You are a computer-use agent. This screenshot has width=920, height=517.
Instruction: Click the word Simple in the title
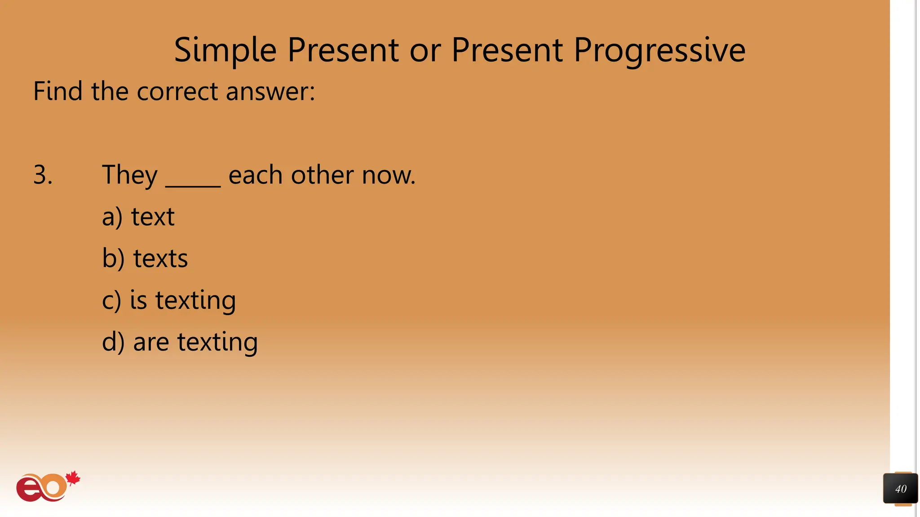point(225,50)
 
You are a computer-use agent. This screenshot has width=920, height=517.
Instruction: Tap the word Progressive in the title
point(659,50)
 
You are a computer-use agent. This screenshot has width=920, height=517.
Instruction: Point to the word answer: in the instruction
point(270,92)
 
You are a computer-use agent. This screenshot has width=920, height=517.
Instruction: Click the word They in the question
point(130,175)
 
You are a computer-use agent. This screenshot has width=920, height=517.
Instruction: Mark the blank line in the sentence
point(193,185)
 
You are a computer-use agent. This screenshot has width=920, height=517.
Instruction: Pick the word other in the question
point(322,175)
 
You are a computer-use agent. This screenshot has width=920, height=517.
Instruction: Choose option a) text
point(138,217)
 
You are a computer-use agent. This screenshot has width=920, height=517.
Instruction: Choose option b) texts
point(145,258)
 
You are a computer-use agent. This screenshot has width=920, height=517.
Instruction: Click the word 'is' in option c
point(138,300)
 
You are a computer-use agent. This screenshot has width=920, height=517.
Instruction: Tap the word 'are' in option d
point(151,342)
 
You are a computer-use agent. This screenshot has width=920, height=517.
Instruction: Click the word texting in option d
point(217,342)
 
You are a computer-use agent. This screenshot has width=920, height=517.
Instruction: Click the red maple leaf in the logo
point(73,478)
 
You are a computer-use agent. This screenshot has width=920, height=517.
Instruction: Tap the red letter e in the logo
point(29,490)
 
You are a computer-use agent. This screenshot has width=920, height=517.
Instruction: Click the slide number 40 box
point(900,489)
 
